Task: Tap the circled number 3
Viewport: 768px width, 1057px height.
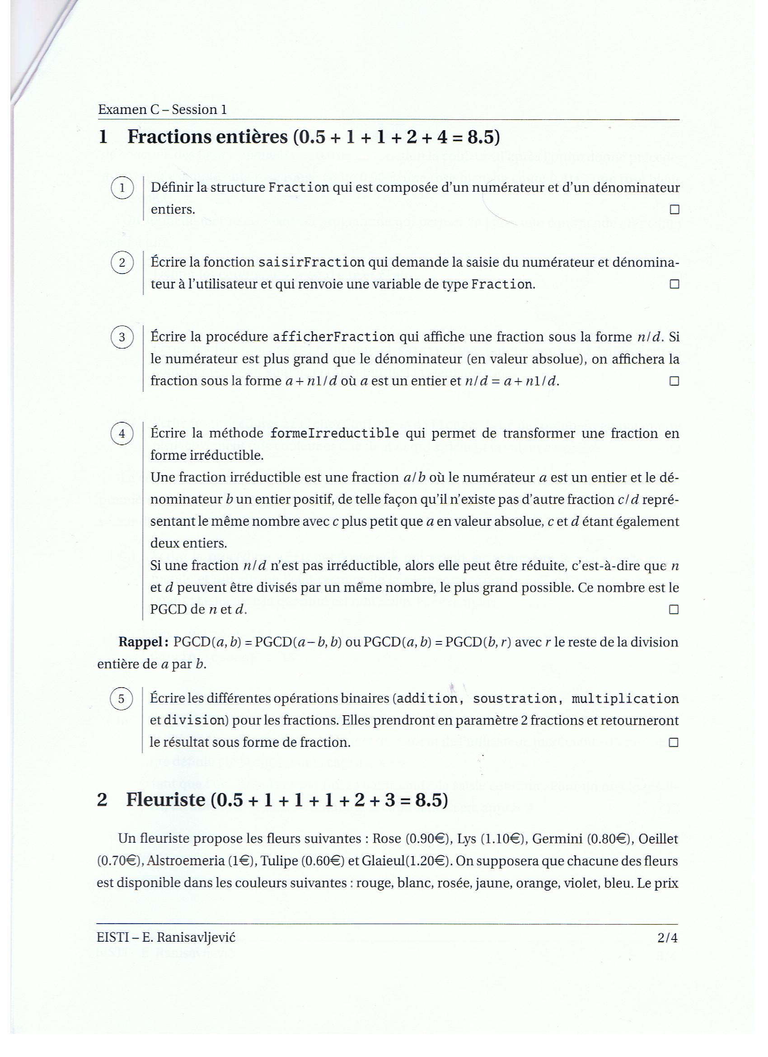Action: tap(122, 336)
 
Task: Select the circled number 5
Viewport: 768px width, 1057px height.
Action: tap(121, 698)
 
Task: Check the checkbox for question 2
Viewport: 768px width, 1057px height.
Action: tap(674, 284)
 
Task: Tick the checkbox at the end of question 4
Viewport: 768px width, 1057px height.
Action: tap(674, 609)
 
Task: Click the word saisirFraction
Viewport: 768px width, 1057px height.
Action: tap(311, 262)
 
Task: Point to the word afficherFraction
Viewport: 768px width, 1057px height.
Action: tap(333, 337)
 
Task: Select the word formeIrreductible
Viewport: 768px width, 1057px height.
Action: tap(334, 434)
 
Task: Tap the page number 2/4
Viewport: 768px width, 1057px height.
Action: tap(667, 937)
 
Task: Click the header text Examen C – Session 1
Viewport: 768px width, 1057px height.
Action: tap(163, 109)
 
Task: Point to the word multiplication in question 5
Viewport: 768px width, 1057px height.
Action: tap(625, 699)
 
